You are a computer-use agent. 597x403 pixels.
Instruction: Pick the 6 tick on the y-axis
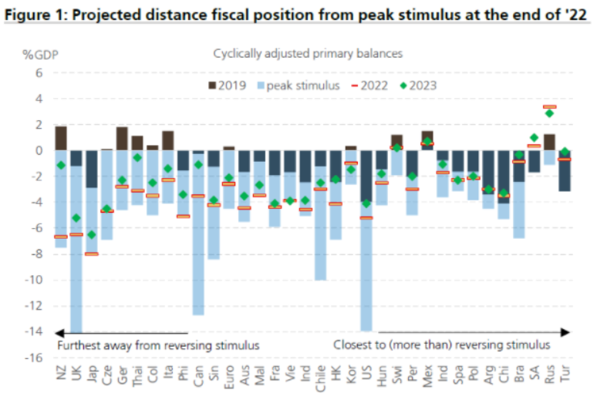37,73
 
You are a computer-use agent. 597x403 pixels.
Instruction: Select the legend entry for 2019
226,86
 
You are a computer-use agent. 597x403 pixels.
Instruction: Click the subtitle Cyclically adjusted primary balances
308,54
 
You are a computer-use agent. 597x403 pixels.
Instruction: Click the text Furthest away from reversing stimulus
158,344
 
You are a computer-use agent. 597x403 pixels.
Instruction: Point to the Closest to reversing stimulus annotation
441,344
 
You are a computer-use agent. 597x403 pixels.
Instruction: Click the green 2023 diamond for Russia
549,113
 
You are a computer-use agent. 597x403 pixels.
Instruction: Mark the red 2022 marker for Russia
549,107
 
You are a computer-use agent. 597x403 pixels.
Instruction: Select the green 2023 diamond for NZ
60,165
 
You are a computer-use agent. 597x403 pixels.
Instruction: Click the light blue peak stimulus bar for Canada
198,247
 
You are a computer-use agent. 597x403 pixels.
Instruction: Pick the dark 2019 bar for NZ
60,137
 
